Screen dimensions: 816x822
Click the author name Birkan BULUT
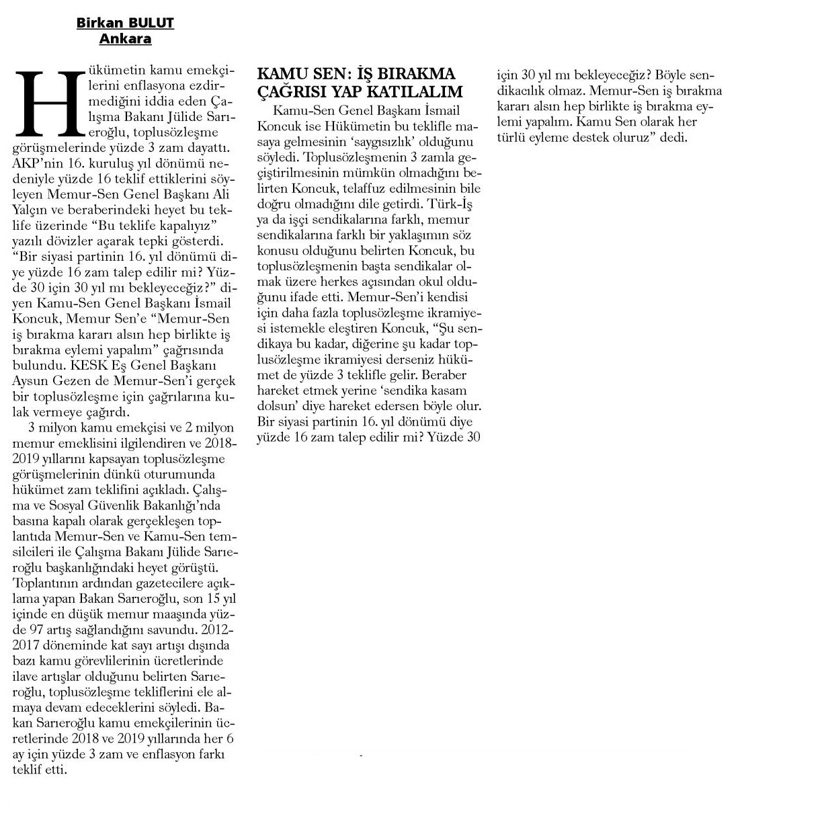point(125,24)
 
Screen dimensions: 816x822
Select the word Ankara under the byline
point(125,39)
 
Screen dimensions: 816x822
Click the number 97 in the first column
point(37,631)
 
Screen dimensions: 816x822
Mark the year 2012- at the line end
point(217,631)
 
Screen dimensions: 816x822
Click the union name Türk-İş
point(456,204)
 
